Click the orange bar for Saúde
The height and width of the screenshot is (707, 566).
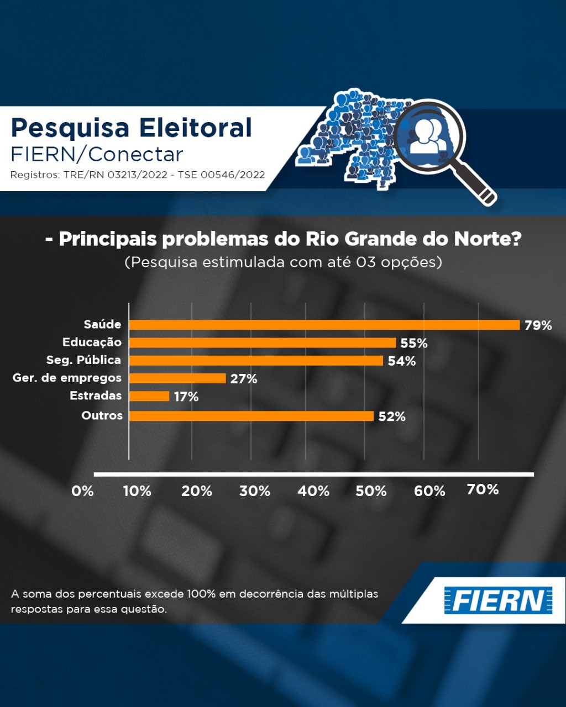[x=324, y=325]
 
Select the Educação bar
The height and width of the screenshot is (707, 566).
[x=263, y=343]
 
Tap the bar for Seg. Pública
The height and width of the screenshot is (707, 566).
[x=256, y=361]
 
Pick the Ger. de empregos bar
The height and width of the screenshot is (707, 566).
[x=177, y=378]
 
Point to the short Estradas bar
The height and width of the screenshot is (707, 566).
[x=149, y=396]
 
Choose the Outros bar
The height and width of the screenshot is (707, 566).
[x=251, y=416]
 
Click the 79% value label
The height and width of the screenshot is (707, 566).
[x=538, y=325]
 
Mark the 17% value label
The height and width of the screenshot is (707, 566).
[x=186, y=397]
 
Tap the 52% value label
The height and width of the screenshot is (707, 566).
[x=392, y=416]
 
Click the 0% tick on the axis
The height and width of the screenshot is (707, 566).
[x=82, y=491]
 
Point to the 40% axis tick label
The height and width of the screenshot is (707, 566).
[x=313, y=491]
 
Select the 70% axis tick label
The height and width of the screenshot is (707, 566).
[x=483, y=489]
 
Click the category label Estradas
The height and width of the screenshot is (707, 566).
[x=96, y=395]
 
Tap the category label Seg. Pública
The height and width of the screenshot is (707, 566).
[x=83, y=360]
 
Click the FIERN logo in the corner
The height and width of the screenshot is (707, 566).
[x=498, y=600]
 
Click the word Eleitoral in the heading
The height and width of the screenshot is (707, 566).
[x=195, y=128]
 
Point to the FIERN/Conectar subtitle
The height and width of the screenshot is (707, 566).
[x=97, y=154]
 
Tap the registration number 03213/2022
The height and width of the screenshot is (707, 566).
[x=137, y=175]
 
